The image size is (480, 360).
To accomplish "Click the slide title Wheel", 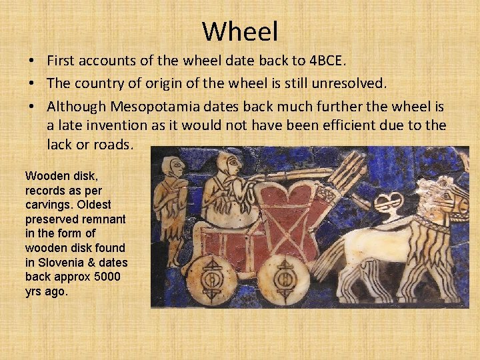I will (240, 31).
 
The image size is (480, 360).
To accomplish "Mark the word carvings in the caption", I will (47, 204).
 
